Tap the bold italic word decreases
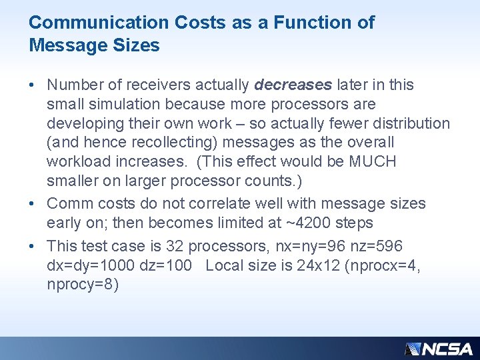tap(293, 85)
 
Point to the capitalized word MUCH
tap(373, 161)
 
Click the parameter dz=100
tap(163, 265)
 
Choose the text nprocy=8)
tap(83, 285)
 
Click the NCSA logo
tap(438, 348)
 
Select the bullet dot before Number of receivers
tap(32, 85)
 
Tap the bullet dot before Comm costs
tap(32, 203)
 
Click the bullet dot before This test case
tap(32, 247)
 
